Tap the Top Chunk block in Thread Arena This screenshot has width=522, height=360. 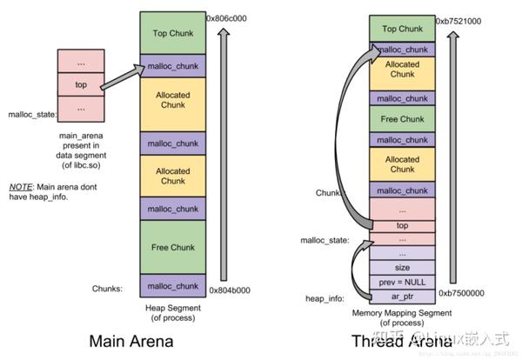pyautogui.click(x=402, y=29)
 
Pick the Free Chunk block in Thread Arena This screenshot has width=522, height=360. pyautogui.click(x=402, y=117)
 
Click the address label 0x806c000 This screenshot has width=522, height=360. pyautogui.click(x=228, y=17)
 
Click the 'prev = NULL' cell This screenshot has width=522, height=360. pyautogui.click(x=402, y=283)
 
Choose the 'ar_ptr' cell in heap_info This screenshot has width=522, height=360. pyautogui.click(x=402, y=297)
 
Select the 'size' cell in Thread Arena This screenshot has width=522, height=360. pyautogui.click(x=402, y=268)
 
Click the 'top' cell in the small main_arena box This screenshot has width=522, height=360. pyautogui.click(x=80, y=86)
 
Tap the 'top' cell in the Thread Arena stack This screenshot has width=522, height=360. pyautogui.click(x=402, y=225)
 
